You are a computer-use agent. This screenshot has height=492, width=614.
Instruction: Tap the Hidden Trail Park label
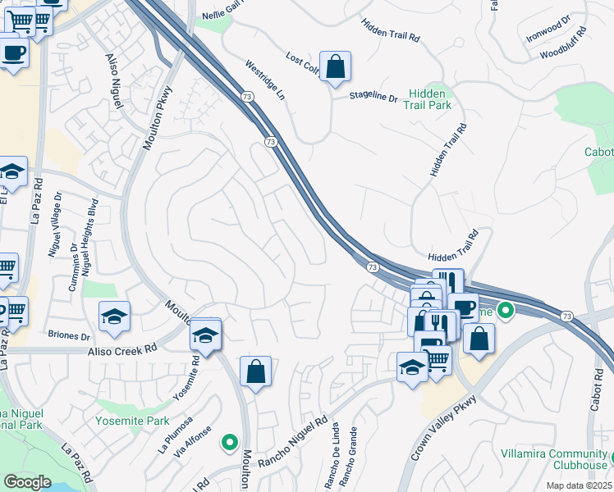[x=429, y=100]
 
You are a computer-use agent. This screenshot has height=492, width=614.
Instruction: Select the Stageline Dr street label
[x=373, y=97]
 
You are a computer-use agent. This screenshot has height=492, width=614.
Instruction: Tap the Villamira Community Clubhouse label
[x=554, y=460]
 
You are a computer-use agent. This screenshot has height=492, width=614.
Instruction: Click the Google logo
[x=27, y=482]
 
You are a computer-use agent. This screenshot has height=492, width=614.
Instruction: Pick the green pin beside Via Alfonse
[x=229, y=443]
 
